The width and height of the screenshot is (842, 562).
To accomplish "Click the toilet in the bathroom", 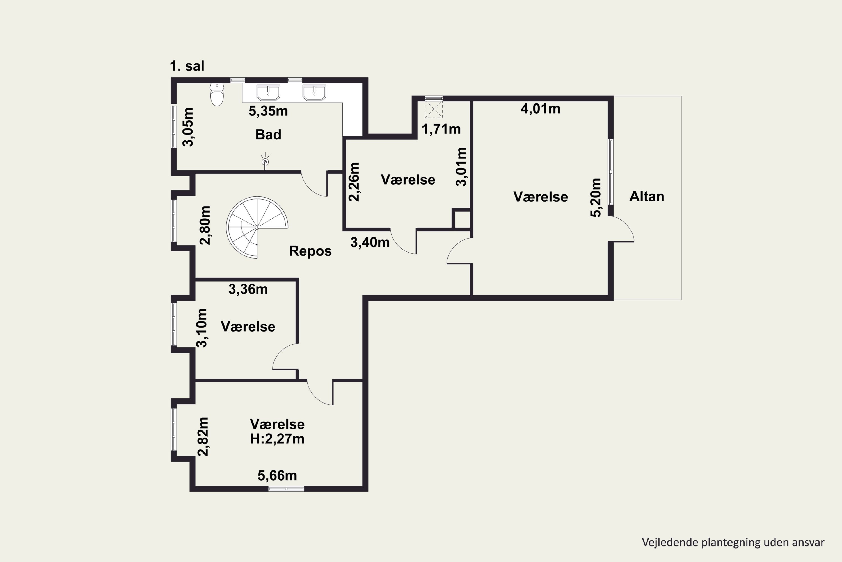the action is click(217, 95).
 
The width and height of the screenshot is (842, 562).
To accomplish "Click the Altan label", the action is click(647, 196).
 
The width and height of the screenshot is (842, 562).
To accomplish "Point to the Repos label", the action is click(310, 251).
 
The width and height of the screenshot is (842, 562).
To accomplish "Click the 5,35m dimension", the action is click(268, 111).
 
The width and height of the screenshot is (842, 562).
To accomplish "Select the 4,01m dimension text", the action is click(541, 108).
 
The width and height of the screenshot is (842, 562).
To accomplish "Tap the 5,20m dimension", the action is click(596, 198).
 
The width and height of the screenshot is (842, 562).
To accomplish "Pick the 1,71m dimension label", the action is click(441, 129).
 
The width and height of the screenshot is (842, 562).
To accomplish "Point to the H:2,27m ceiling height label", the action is click(277, 439).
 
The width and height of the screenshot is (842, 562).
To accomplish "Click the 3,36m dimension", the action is click(248, 289).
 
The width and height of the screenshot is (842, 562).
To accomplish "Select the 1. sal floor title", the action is click(187, 66).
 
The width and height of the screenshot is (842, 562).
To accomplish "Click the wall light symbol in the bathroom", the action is click(265, 161).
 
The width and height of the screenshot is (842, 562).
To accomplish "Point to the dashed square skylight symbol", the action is click(434, 109).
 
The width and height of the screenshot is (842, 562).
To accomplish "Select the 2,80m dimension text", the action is click(205, 225).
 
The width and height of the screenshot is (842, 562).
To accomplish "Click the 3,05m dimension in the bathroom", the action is click(188, 127).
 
